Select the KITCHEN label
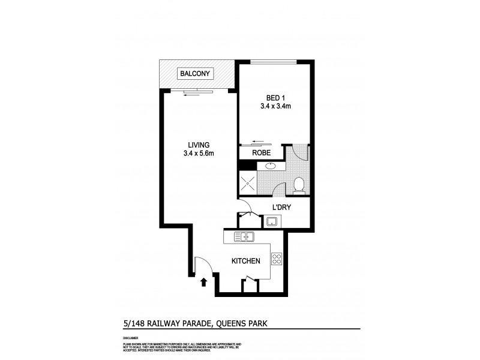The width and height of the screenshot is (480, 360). (246, 261)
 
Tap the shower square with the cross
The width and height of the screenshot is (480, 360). (249, 182)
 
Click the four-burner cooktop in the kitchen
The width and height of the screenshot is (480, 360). (277, 260)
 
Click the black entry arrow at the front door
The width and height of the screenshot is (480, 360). (204, 281)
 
